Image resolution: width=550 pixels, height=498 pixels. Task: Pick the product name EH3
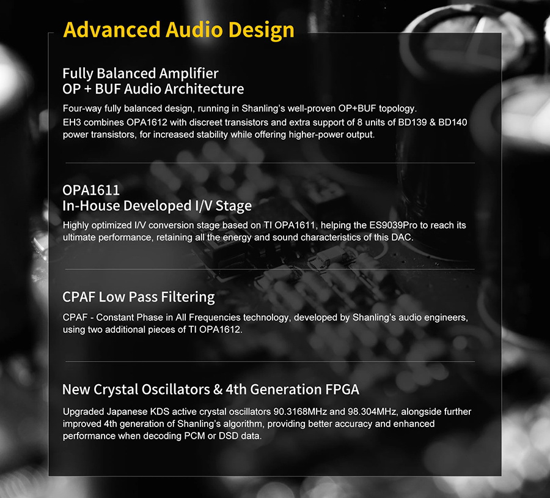coord(71,123)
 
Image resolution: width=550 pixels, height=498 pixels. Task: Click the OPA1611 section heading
coord(91,190)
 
